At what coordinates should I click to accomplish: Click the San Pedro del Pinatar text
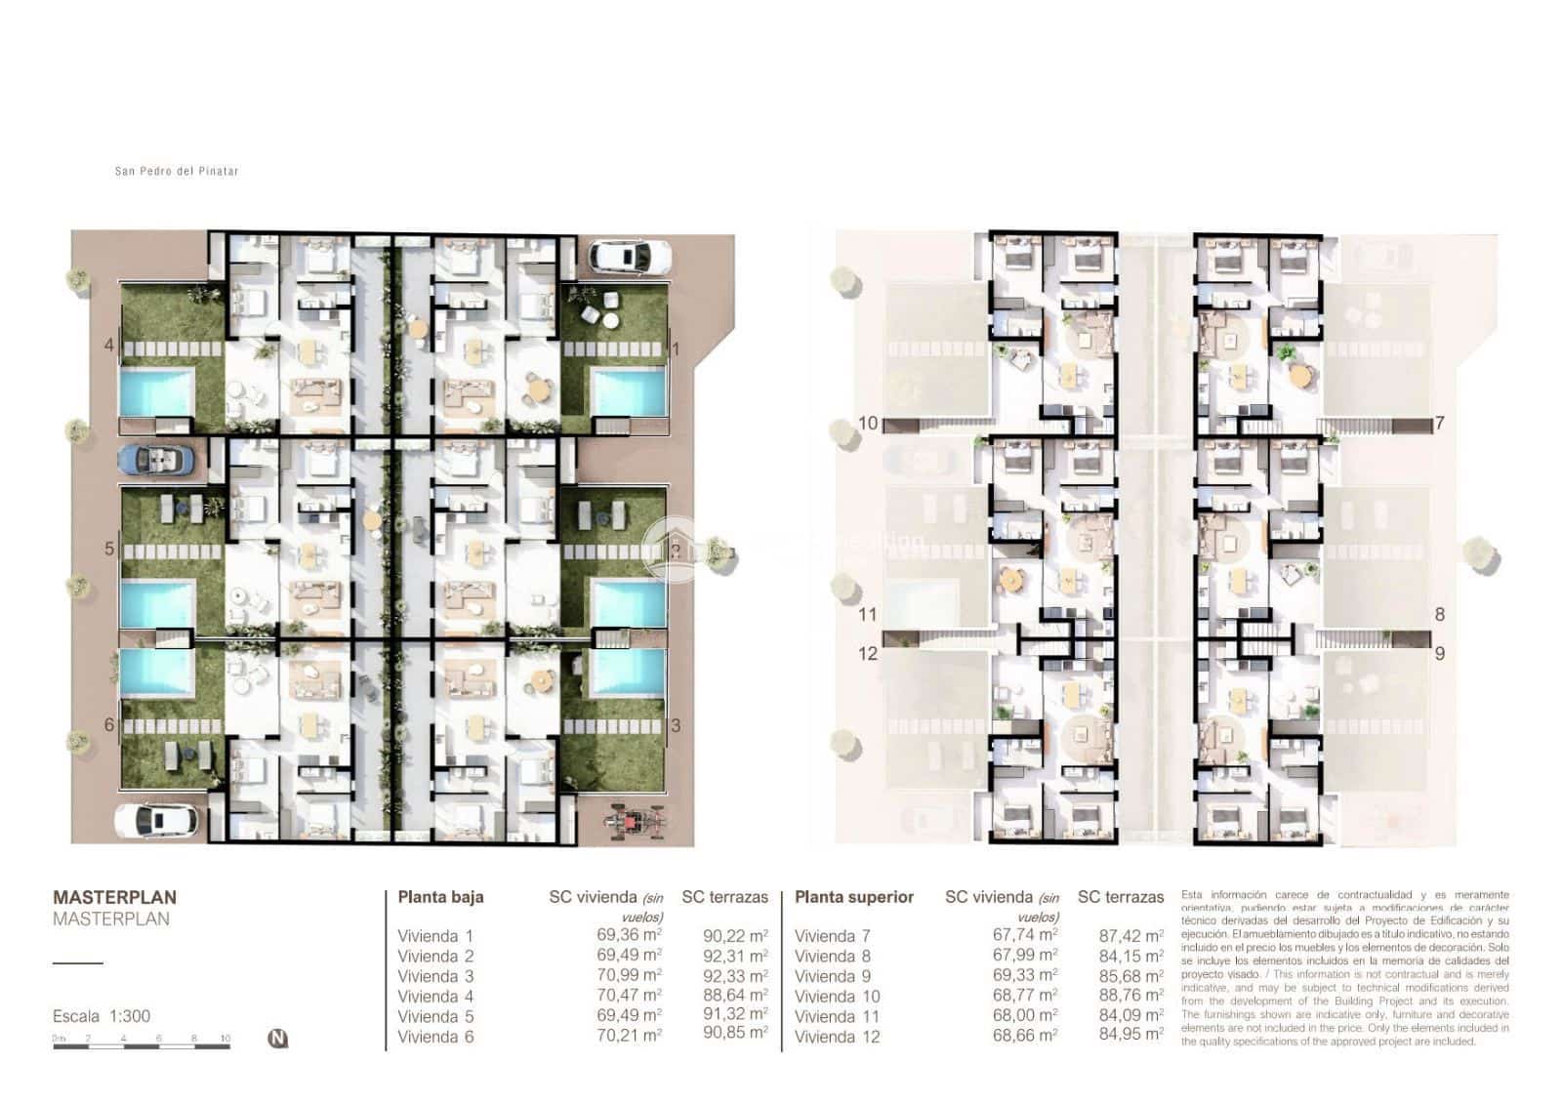point(177,171)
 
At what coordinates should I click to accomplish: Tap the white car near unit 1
point(629,257)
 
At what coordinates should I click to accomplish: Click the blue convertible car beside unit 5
point(155,460)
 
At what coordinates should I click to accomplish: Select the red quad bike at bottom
point(637,821)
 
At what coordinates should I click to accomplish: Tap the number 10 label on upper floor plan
point(868,424)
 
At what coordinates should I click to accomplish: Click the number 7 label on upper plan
point(1439,424)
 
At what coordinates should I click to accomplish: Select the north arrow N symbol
point(277,1039)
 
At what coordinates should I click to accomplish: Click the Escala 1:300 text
point(102,1016)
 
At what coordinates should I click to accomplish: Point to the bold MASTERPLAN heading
point(114,897)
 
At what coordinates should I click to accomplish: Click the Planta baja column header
point(440,897)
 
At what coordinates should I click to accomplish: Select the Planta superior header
point(854,897)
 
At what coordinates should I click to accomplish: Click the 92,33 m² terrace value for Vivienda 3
point(735,975)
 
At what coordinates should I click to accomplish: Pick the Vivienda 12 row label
point(837,1037)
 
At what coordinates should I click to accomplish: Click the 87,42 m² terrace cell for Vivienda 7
point(1130,935)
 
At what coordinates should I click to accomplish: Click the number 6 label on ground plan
point(109,724)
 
